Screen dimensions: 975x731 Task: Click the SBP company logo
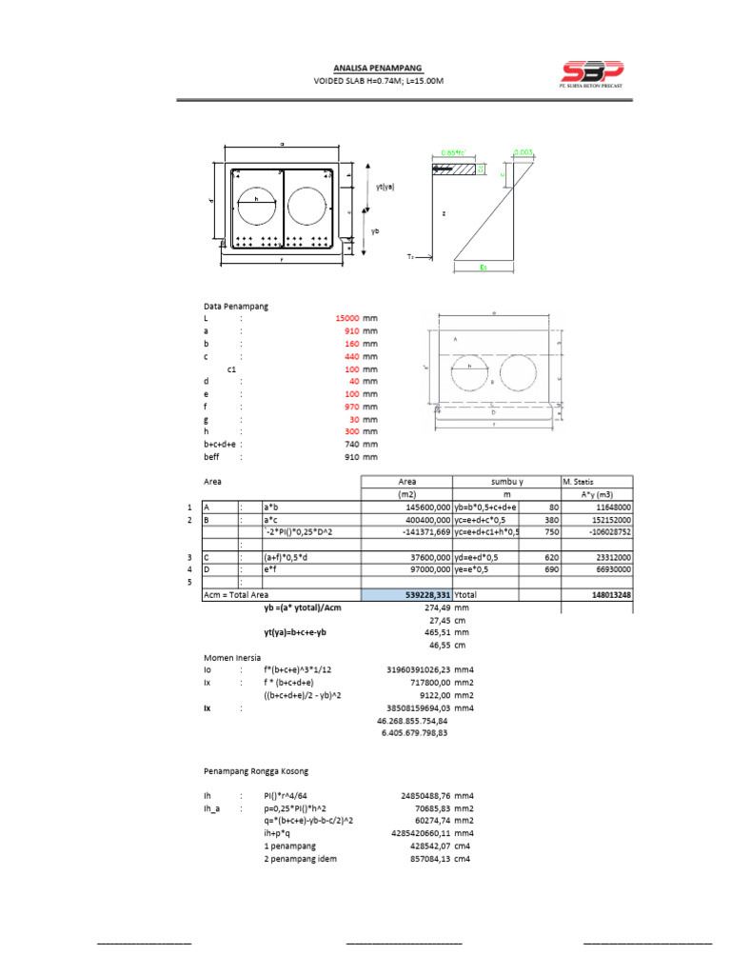590,74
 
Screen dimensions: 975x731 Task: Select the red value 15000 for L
346,319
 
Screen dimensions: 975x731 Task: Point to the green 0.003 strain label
524,152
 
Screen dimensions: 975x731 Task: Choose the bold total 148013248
610,595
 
